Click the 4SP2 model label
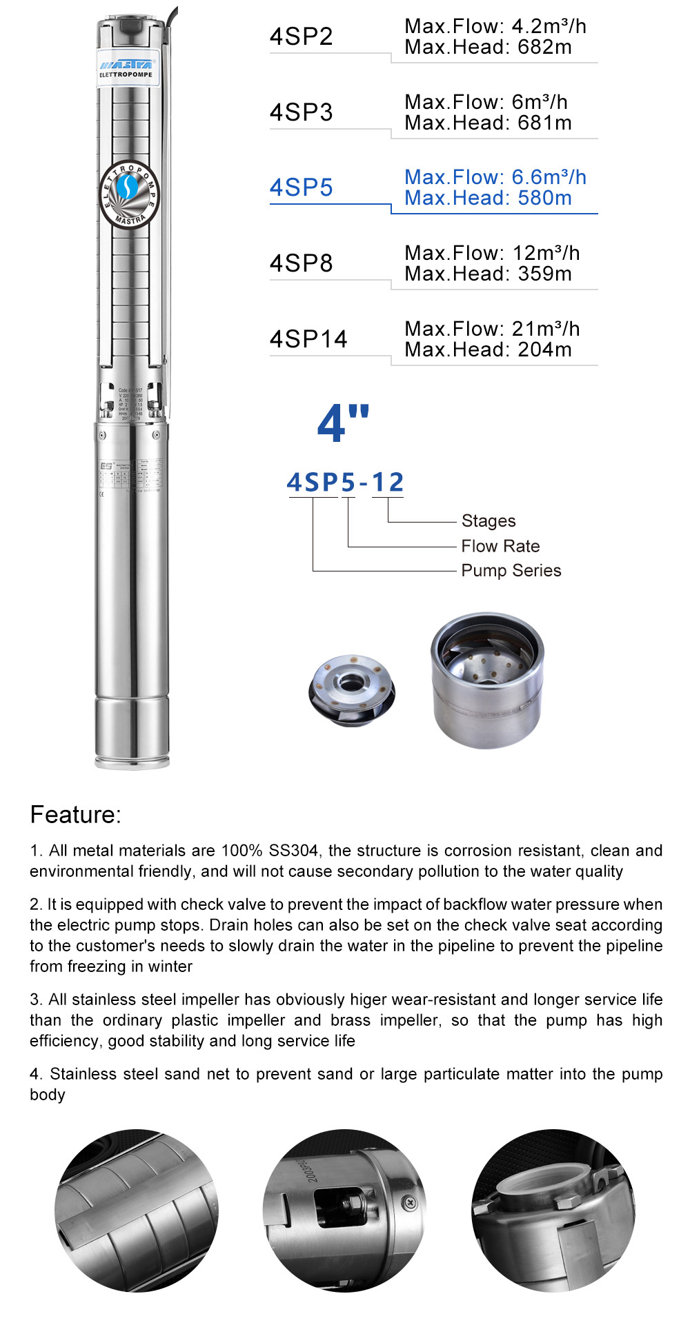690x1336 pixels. click(x=301, y=37)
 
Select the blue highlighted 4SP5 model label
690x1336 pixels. click(x=301, y=188)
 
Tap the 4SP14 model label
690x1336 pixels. click(x=308, y=339)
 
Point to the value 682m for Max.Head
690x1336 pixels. click(x=544, y=48)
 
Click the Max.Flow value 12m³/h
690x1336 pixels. click(x=545, y=253)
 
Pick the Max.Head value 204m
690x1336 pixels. click(x=544, y=350)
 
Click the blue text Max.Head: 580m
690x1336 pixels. click(x=488, y=199)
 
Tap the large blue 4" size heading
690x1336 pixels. click(x=343, y=423)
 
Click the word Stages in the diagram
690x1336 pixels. click(x=489, y=521)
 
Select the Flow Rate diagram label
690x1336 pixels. click(x=500, y=546)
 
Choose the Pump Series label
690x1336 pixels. click(x=511, y=571)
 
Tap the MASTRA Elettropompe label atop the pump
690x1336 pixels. click(x=127, y=68)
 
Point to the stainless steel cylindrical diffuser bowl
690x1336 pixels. click(x=487, y=679)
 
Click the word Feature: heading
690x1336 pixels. click(x=75, y=815)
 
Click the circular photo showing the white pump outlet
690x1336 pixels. click(x=553, y=1211)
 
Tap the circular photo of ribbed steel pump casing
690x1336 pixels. click(x=136, y=1211)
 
